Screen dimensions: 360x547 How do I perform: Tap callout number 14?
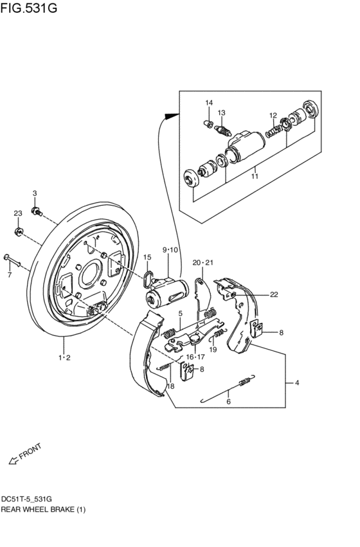(208, 103)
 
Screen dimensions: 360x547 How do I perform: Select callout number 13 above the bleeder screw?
(221, 112)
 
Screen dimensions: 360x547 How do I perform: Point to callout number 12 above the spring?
(273, 115)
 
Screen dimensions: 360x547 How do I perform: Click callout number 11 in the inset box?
(255, 176)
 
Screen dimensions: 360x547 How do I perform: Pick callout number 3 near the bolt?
(35, 193)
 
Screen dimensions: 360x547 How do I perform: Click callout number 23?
(18, 213)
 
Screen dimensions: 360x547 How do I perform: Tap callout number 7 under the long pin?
(10, 275)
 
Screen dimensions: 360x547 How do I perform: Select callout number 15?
(147, 257)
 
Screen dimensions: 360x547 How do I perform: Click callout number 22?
(274, 295)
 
